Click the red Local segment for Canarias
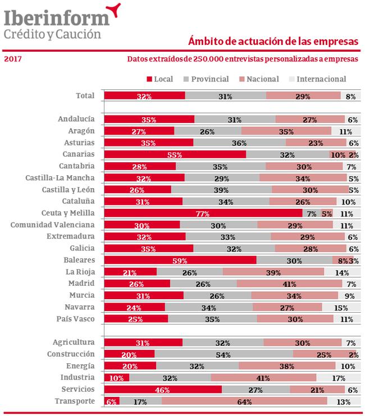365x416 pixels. pos(175,154)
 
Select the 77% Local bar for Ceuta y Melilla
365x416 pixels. pos(203,213)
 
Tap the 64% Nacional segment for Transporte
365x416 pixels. pos(244,401)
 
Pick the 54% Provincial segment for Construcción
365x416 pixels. pos(224,354)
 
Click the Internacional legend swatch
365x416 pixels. pos(292,79)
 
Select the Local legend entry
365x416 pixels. pos(160,79)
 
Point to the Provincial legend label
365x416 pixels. pos(210,79)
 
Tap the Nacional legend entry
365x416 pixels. pos(259,79)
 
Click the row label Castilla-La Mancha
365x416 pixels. pos(60,177)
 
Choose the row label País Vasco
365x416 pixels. pos(75,319)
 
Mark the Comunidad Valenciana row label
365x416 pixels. pos(53,225)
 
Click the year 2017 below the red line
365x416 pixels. pos(13,58)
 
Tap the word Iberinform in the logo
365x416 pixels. pos(57,18)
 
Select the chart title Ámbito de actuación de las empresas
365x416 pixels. pos(273,41)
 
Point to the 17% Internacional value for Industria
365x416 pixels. pos(339,378)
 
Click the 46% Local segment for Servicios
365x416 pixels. pos(163,389)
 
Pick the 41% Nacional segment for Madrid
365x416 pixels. pos(289,284)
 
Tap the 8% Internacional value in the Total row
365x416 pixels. pos(350,97)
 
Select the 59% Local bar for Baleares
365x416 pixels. pos(180,260)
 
